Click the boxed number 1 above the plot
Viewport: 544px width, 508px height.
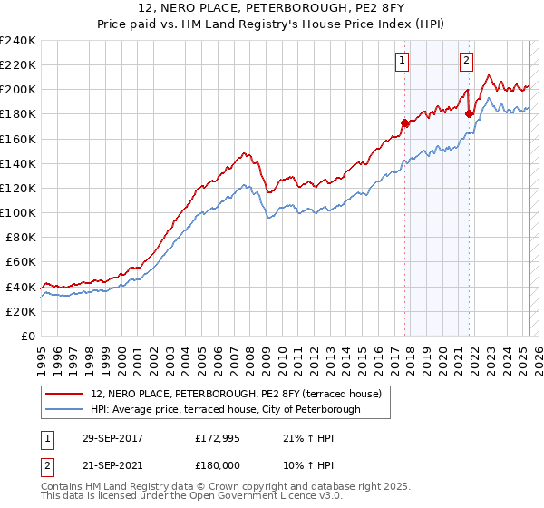point(401,61)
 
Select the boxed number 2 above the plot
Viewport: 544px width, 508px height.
point(466,61)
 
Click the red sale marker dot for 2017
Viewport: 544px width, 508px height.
point(405,122)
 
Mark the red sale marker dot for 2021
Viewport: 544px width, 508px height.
point(469,113)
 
